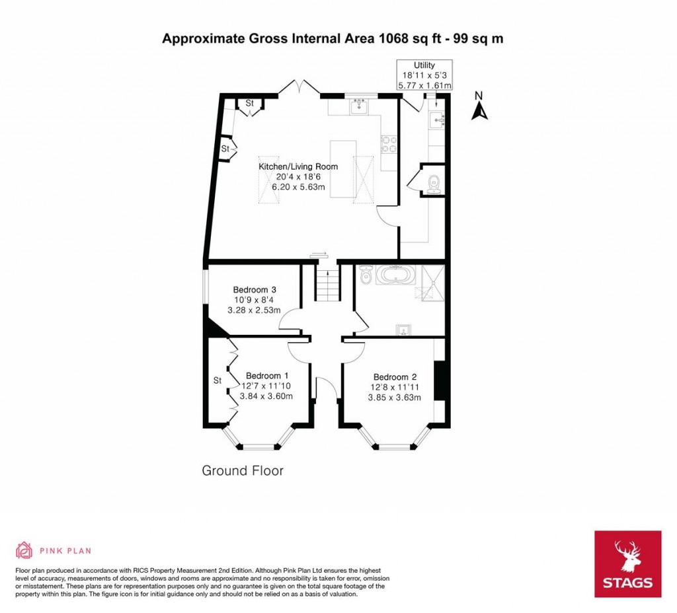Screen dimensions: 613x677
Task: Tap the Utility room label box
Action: tap(424, 75)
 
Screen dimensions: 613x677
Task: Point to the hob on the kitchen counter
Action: tap(388, 143)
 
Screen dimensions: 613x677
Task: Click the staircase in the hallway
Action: tap(326, 283)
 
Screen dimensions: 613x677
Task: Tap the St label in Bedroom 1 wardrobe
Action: tap(217, 380)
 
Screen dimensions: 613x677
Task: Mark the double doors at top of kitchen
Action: tap(301, 88)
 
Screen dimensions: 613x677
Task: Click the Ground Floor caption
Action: tap(242, 470)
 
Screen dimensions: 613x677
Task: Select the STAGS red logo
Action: tap(627, 563)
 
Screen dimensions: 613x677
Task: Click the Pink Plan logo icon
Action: tap(24, 550)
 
